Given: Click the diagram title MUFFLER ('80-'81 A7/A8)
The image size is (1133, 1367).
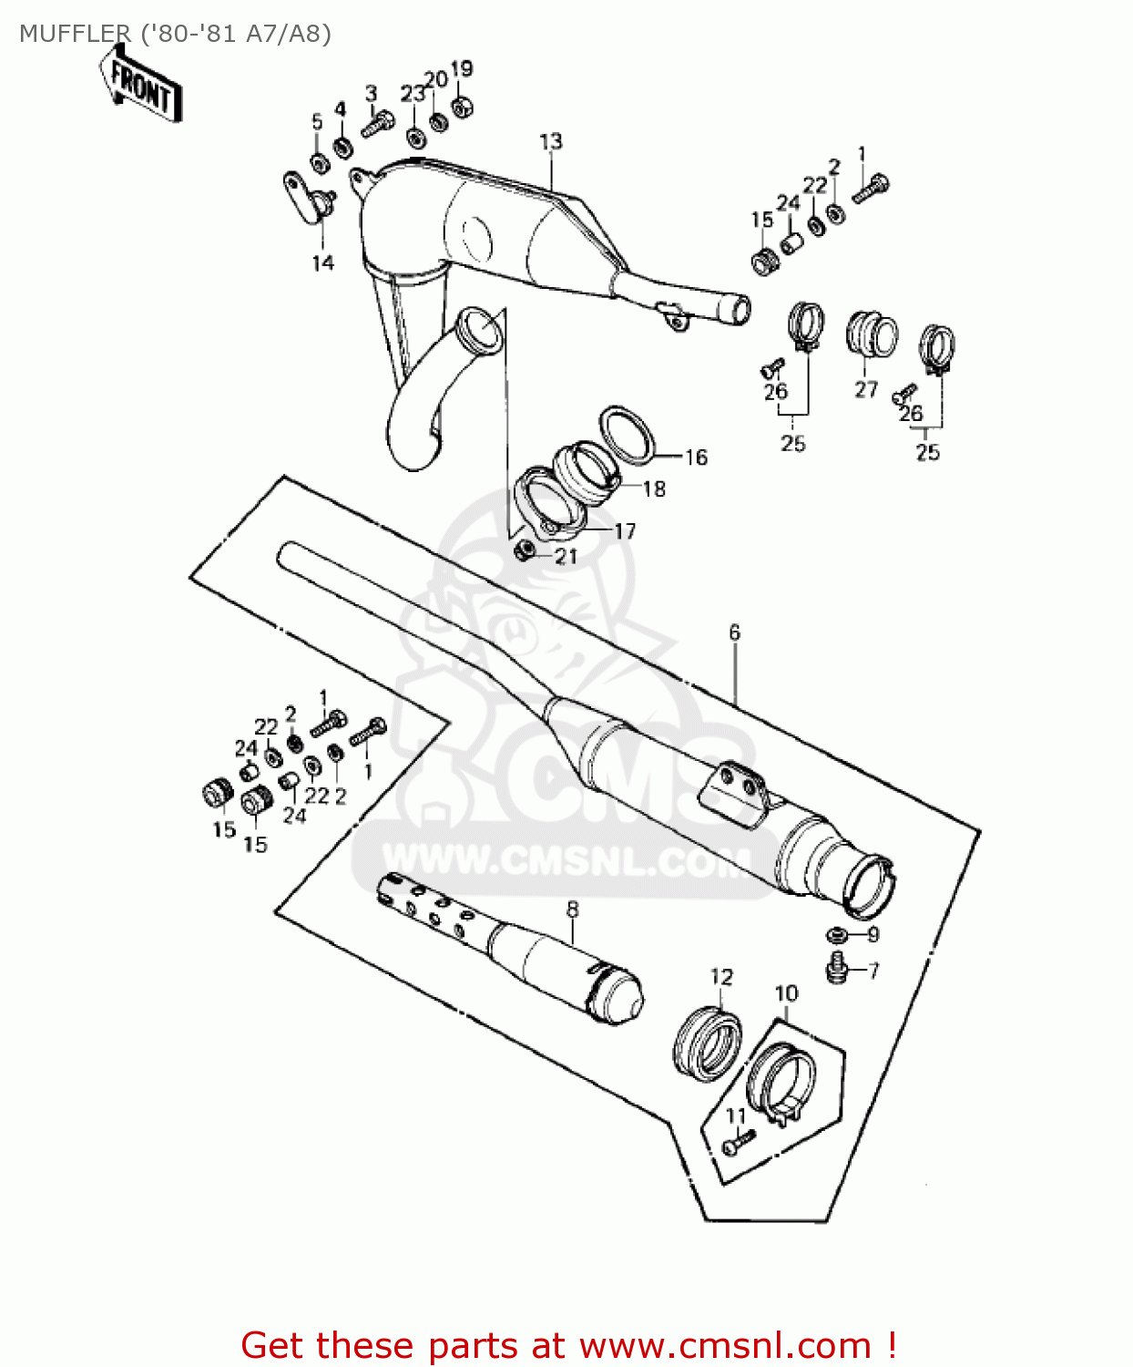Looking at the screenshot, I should (175, 34).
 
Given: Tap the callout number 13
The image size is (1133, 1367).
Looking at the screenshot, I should (551, 141).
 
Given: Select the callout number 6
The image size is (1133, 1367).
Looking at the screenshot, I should (734, 632).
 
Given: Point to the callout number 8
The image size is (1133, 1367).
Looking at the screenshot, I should (572, 909).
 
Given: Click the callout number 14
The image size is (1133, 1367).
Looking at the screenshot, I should (322, 262).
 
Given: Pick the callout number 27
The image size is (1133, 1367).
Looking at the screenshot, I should (865, 389).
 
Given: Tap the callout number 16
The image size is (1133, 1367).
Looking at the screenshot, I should (696, 457).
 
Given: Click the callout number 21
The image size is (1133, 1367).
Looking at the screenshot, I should (566, 556).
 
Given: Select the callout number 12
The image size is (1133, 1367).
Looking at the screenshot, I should (721, 977).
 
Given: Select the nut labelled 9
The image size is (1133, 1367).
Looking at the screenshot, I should (836, 934).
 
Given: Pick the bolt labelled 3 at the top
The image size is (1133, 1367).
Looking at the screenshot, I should (377, 124).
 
